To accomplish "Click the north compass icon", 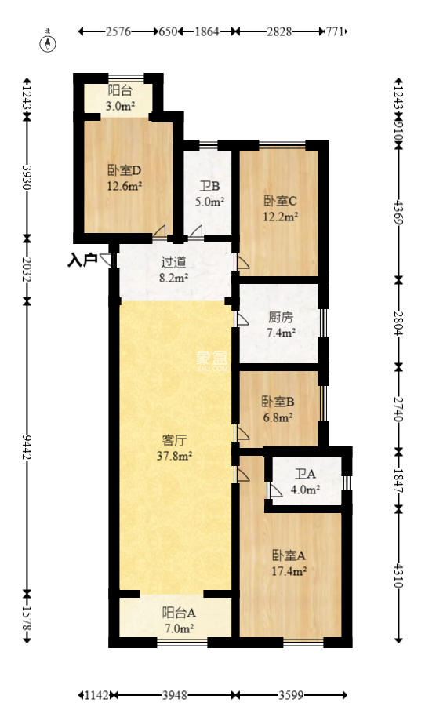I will pos(49,42).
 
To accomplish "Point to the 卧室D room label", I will pos(124,171).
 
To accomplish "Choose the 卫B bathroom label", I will pos(209,187).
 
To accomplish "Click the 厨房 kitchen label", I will pos(281,318).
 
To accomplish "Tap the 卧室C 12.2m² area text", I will pos(281,216).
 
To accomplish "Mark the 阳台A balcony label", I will pos(178,614).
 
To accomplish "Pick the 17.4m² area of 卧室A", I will pos(289,571).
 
